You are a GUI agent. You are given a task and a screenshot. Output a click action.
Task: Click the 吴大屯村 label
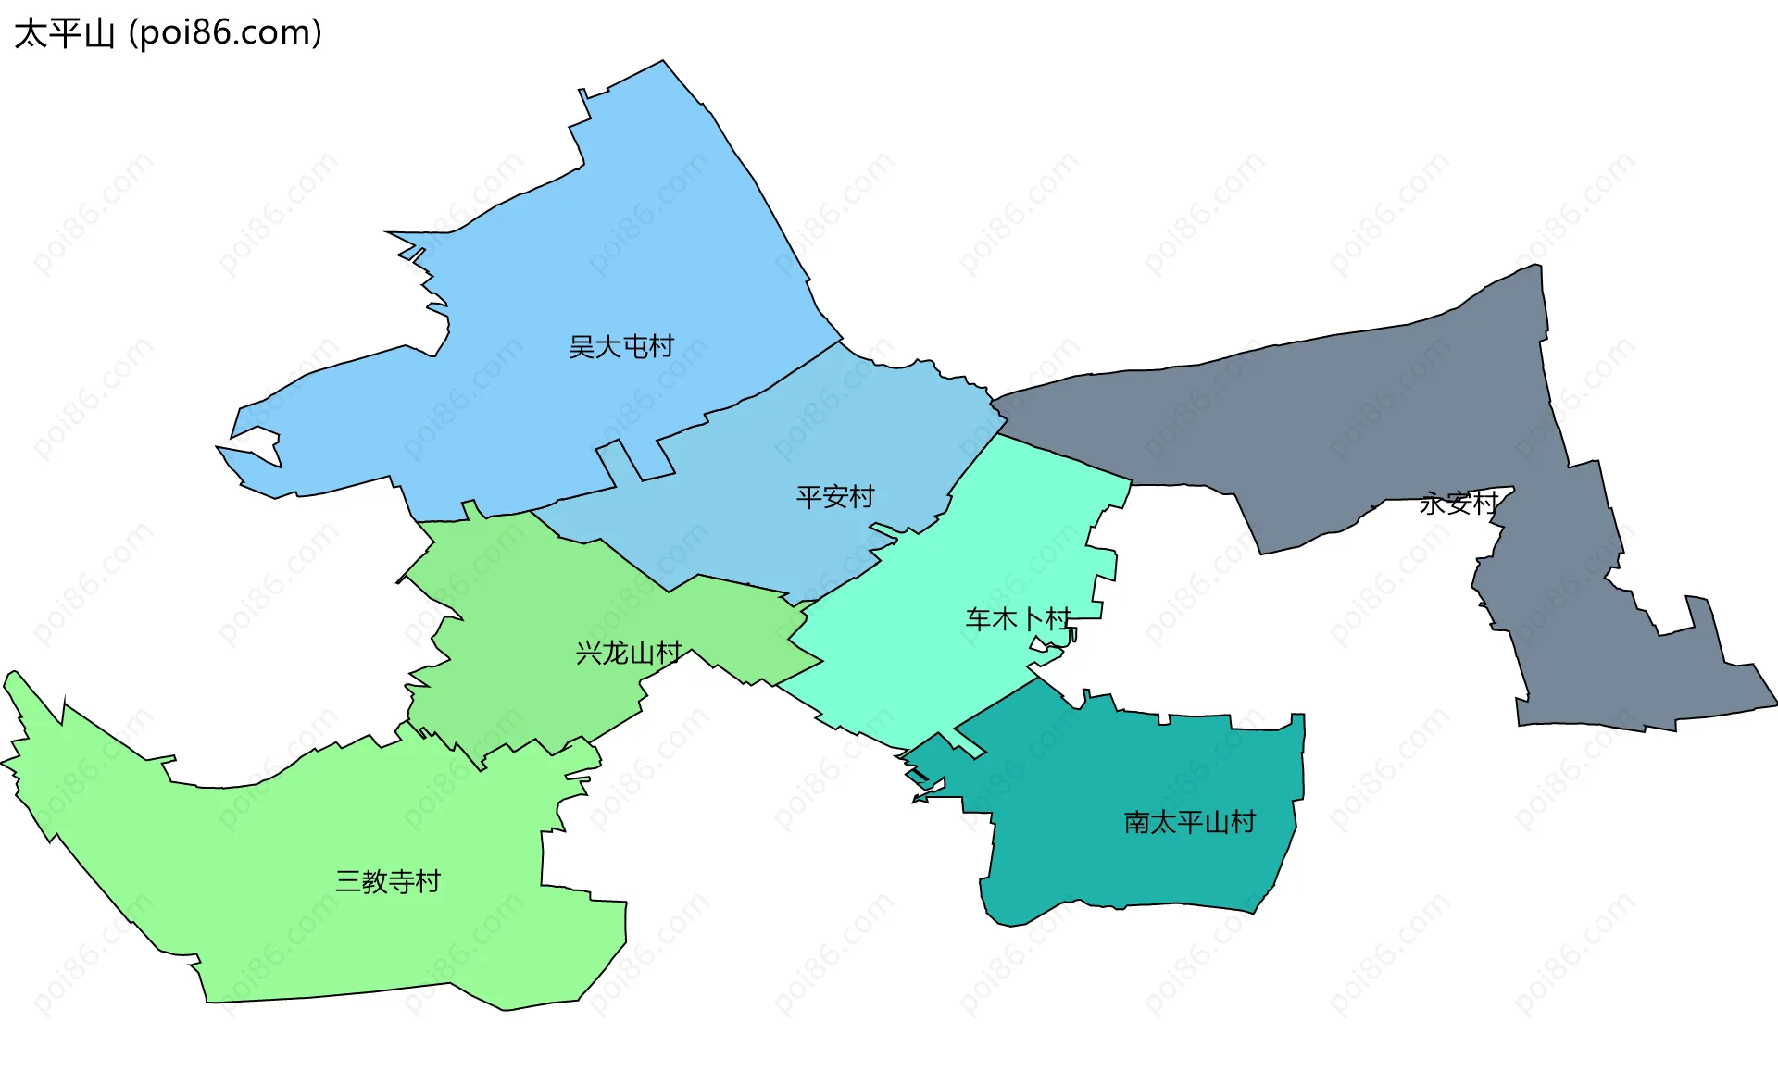(x=620, y=347)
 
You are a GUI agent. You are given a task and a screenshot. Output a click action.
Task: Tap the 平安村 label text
(x=835, y=497)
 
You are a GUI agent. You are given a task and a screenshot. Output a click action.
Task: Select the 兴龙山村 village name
(x=629, y=654)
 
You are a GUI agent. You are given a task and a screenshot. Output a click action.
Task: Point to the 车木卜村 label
(x=1018, y=618)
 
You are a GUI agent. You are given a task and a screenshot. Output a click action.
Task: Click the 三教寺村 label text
(x=388, y=881)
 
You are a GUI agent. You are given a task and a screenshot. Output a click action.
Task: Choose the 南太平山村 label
(x=1190, y=822)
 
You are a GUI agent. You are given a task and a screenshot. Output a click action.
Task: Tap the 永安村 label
(x=1459, y=504)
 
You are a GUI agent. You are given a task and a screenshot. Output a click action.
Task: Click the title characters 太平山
(x=64, y=33)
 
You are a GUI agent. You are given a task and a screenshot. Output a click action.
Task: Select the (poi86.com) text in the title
(x=226, y=33)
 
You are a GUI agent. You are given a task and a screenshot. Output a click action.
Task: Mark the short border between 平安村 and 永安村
(x=999, y=411)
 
